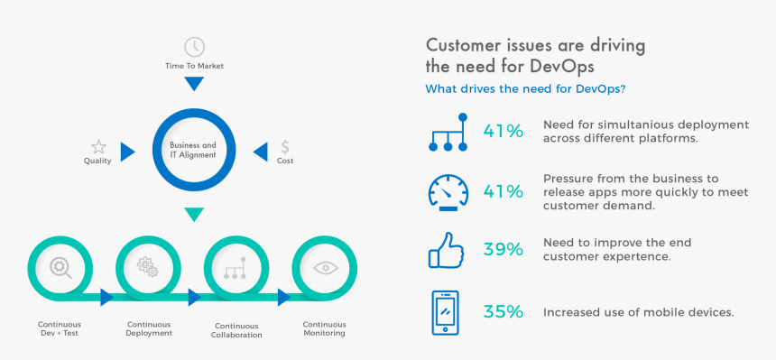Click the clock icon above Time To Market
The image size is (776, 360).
coord(194,47)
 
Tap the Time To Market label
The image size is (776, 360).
coord(194,67)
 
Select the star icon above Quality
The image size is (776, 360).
coord(98,146)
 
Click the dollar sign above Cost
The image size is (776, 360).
coord(285,146)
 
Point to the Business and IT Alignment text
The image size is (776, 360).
coord(193,150)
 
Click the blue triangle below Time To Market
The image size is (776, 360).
coord(194,84)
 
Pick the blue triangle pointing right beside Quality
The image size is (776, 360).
coord(127,151)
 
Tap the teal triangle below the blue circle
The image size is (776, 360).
coord(194,214)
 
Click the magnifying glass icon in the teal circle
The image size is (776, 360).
coord(60,267)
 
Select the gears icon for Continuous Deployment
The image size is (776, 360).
coord(147,267)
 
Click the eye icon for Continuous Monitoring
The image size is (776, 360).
coord(324,268)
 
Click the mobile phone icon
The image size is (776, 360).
coord(444,312)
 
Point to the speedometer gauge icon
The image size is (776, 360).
coord(448,192)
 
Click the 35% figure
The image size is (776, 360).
coord(503,311)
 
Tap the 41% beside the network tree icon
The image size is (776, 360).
coord(503,131)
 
